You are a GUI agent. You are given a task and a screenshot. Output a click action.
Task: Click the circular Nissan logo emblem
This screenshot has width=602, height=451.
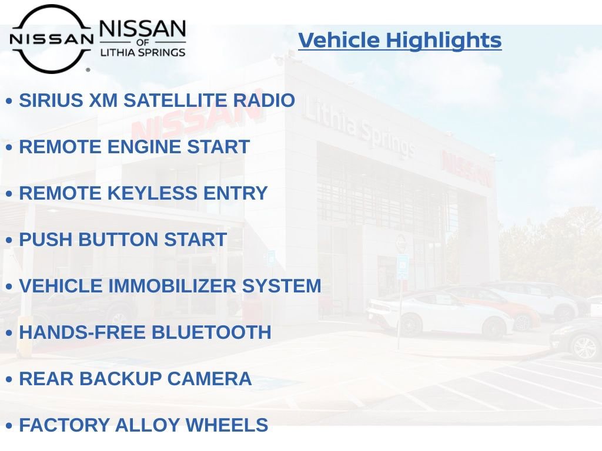pos(51,39)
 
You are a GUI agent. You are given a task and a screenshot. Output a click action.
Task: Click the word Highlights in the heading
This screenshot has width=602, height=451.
pos(444,41)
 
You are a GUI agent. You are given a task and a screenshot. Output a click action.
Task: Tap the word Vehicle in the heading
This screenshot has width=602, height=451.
pos(339,41)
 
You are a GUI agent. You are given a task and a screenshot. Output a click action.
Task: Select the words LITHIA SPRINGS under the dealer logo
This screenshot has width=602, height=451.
pos(142,52)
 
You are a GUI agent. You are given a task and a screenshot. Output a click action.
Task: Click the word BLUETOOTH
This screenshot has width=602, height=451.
pos(211,332)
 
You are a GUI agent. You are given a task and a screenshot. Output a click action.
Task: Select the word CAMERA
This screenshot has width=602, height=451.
pos(209,379)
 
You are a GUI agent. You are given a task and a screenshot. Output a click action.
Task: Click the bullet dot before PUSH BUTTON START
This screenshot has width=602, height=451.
pos(9,241)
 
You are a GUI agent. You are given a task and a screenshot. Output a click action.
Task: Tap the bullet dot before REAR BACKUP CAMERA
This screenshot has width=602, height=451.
pos(9,380)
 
